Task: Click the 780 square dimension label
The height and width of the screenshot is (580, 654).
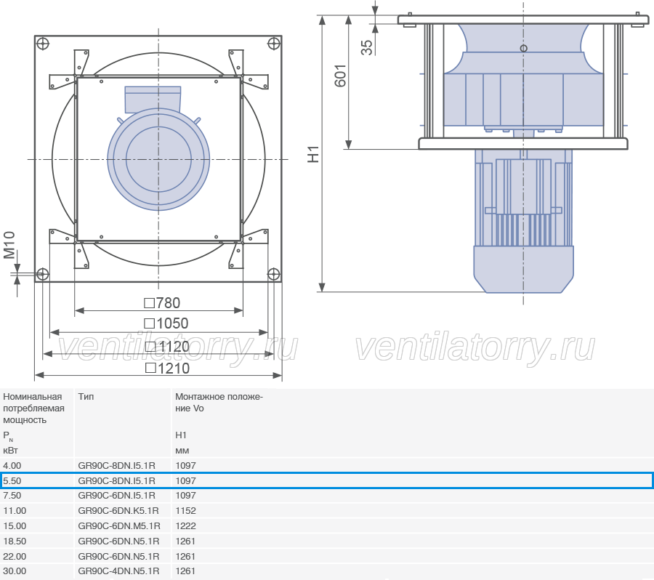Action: (x=162, y=303)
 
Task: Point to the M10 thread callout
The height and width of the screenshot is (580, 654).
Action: (x=9, y=246)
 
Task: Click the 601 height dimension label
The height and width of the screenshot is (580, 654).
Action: (x=340, y=76)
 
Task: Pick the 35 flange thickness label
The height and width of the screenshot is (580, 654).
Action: (x=367, y=47)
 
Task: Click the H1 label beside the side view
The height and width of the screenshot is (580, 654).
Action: (x=313, y=154)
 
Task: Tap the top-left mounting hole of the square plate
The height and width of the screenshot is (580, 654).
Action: (x=43, y=44)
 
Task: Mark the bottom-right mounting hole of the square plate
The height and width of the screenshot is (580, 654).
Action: (x=273, y=274)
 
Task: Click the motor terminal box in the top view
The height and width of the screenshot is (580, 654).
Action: (x=153, y=99)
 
